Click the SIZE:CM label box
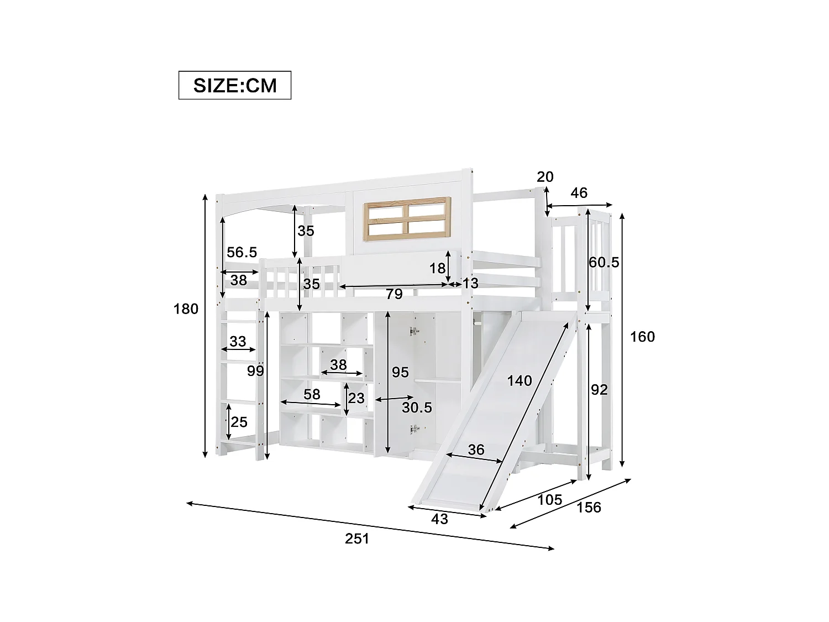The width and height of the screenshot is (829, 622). [x=234, y=85]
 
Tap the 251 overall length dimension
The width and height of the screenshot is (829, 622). [x=356, y=538]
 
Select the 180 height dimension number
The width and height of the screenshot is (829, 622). [x=186, y=309]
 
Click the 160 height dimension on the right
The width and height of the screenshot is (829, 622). [x=642, y=337]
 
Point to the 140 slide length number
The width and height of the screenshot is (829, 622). [x=520, y=380]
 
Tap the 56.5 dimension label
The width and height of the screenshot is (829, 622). [x=242, y=252]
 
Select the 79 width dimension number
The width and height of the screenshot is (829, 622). [x=393, y=294]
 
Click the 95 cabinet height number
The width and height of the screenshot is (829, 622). [x=400, y=372]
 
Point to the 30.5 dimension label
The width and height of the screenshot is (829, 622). [x=417, y=407]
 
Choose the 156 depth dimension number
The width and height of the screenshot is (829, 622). [x=589, y=507]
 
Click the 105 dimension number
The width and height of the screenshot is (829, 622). [x=549, y=499]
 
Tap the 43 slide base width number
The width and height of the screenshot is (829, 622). [x=439, y=519]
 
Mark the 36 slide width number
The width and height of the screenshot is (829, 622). [x=475, y=449]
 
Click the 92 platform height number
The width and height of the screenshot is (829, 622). [x=599, y=390]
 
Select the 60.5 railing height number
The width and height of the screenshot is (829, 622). [x=604, y=262]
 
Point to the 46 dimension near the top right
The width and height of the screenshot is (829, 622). [x=579, y=193]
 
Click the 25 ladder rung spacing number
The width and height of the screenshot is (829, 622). [x=239, y=422]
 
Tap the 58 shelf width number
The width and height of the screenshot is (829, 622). [x=312, y=394]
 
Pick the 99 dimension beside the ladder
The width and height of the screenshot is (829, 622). [x=255, y=371]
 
